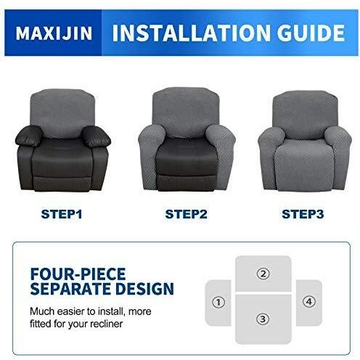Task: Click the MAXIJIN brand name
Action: (54, 33)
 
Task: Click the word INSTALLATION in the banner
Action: (191, 33)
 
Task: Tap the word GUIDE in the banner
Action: (311, 33)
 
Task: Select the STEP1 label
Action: (62, 214)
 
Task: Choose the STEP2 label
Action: (186, 214)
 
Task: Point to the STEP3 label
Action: (303, 214)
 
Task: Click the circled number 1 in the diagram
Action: (218, 302)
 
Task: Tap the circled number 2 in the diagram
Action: (263, 274)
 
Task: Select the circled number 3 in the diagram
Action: (263, 319)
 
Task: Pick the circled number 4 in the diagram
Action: (309, 302)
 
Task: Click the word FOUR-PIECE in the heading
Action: (78, 274)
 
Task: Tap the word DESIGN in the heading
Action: (144, 288)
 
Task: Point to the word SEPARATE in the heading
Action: (71, 288)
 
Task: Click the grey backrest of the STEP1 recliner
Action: (62, 112)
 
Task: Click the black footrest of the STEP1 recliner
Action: (62, 184)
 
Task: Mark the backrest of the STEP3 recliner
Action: (305, 114)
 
